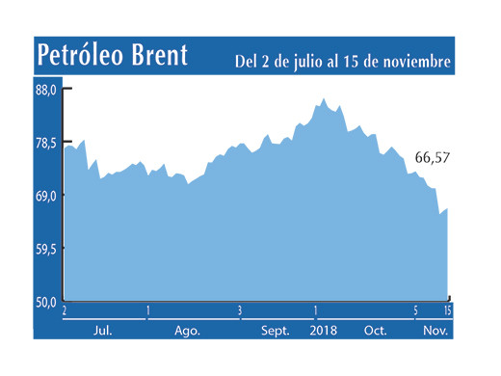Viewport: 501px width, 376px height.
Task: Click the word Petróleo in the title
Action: coord(86,57)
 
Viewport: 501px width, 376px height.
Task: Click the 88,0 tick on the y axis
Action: coord(47,91)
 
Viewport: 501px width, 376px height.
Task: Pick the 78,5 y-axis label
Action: coord(47,144)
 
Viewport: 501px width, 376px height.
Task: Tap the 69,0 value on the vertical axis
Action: coord(47,196)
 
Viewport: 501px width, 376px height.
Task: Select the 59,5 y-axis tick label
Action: coord(47,249)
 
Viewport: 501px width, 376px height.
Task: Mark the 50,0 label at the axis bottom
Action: coord(47,302)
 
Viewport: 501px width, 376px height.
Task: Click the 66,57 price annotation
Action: coord(433,157)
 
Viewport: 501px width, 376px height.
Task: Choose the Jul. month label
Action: coord(102,330)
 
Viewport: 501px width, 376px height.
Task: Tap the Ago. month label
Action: coord(187,330)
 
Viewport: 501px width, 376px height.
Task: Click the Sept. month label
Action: coord(277,330)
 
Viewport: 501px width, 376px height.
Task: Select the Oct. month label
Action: coord(375,330)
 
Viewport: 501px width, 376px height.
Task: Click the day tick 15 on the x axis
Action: coord(448,310)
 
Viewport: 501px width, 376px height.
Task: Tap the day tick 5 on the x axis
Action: coord(415,310)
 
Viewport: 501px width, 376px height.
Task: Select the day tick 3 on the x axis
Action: coord(240,310)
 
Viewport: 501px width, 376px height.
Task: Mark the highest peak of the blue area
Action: coord(324,98)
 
